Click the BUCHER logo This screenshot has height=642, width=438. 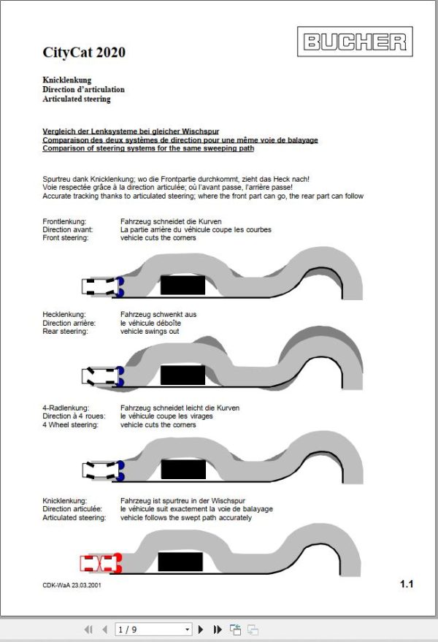[x=355, y=42]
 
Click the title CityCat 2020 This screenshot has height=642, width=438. [x=84, y=52]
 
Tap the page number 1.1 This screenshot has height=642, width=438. [x=407, y=584]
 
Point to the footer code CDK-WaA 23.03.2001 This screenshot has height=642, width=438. [x=72, y=585]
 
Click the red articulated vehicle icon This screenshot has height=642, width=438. [x=101, y=563]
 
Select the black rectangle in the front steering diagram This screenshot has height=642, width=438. [x=182, y=285]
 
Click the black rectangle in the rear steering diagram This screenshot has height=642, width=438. [x=182, y=375]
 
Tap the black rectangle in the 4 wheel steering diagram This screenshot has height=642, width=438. [x=183, y=469]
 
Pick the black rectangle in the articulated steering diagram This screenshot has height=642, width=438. [x=180, y=562]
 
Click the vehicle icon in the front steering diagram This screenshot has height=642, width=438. [x=103, y=286]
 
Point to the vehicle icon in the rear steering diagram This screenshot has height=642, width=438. [x=103, y=376]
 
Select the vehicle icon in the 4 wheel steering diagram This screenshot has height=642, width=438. [x=103, y=470]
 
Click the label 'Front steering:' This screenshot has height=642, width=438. [x=66, y=238]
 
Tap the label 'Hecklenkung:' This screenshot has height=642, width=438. [x=64, y=315]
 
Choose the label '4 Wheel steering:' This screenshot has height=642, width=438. [x=70, y=425]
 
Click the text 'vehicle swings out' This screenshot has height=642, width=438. [x=150, y=332]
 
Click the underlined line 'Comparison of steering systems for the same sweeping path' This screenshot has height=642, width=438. [x=148, y=148]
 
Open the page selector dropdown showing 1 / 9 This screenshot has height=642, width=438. [x=153, y=630]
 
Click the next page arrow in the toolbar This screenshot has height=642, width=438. [x=201, y=630]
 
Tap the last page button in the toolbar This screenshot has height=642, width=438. [x=218, y=630]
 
